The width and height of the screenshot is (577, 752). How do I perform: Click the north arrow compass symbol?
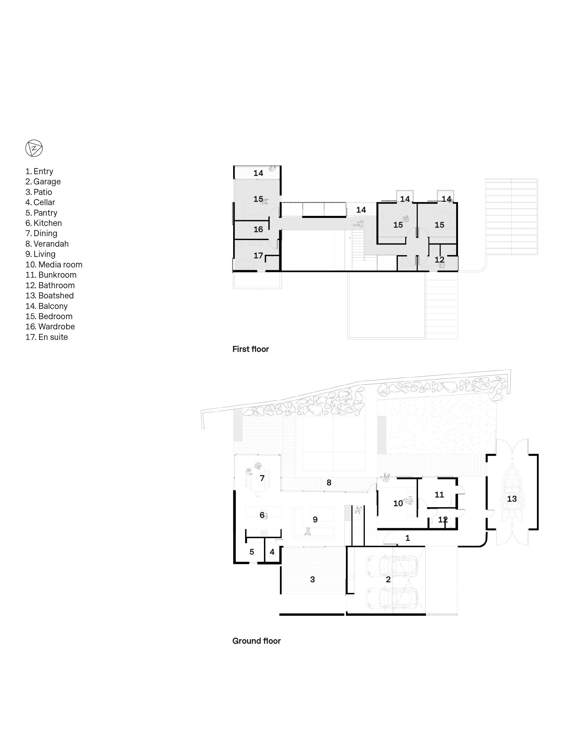coord(34,149)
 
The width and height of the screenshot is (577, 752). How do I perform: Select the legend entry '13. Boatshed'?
coord(50,296)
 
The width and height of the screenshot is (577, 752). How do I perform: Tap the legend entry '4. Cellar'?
coord(40,202)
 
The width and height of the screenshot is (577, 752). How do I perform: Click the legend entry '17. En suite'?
coord(47,337)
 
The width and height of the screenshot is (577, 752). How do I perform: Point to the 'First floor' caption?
coord(250,349)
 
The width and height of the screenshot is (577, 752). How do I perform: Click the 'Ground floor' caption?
coord(257,641)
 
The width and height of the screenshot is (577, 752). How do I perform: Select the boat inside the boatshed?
coord(512,499)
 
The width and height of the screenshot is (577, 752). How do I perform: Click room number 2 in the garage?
coord(388,579)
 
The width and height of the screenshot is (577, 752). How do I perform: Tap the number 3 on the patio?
coord(312,579)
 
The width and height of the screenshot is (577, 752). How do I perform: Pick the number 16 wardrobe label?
coord(258,229)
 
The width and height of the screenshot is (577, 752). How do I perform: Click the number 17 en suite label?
coord(258,256)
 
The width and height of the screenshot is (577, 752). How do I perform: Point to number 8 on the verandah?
coord(329,482)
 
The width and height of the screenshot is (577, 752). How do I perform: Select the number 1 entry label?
coord(408,538)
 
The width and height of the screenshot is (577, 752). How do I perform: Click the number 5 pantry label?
coord(252,552)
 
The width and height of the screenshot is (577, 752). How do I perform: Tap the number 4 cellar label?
coord(272,552)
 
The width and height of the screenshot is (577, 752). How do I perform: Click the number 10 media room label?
coord(398,504)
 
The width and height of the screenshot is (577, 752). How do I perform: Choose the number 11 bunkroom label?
coord(439,495)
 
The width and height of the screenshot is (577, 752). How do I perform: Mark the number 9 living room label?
coord(315,520)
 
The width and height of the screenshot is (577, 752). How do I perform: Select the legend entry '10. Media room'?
coord(54,265)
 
